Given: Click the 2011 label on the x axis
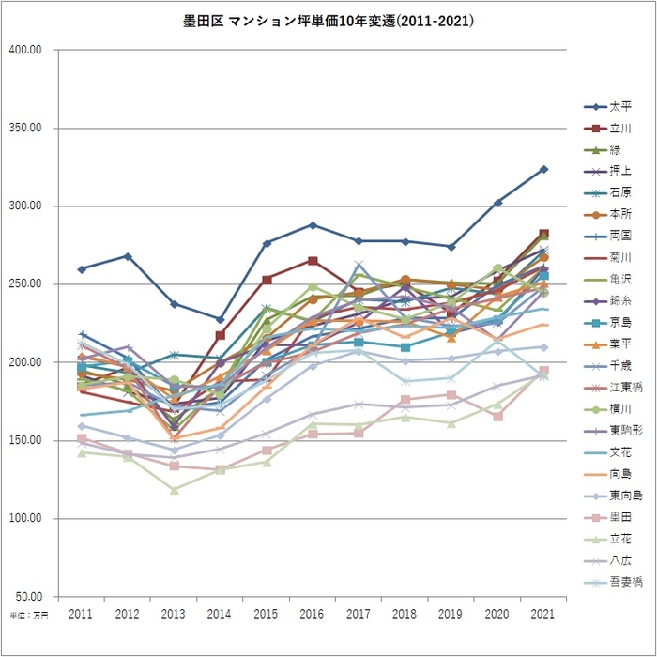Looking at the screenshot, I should (x=82, y=613).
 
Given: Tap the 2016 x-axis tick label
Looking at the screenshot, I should (x=313, y=613).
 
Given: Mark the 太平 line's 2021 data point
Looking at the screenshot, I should (x=543, y=169).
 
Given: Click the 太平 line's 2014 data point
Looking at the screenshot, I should (x=221, y=320).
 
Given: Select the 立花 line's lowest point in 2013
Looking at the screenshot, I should (x=175, y=490).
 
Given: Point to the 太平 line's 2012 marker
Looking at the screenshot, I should (x=128, y=256).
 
